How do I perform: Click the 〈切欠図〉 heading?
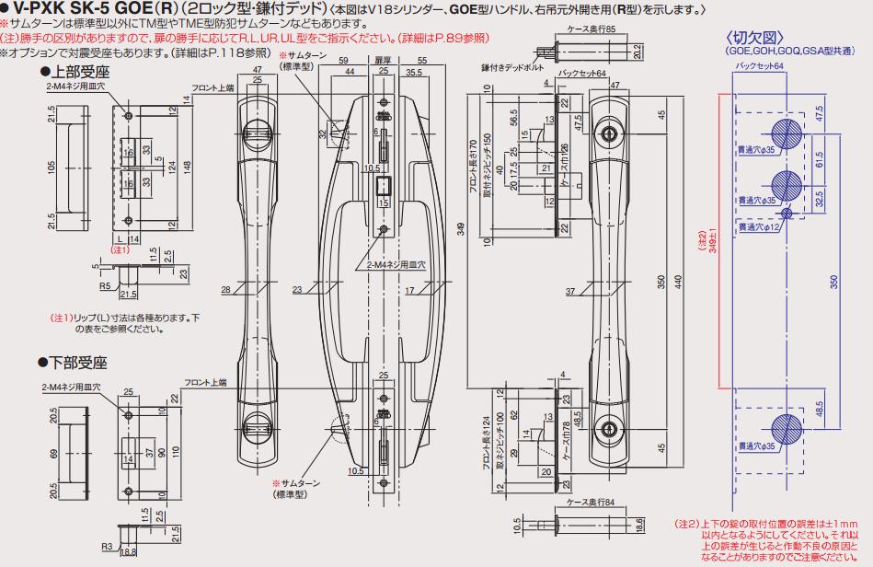pos(757,38)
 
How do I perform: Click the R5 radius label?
pos(107,285)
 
